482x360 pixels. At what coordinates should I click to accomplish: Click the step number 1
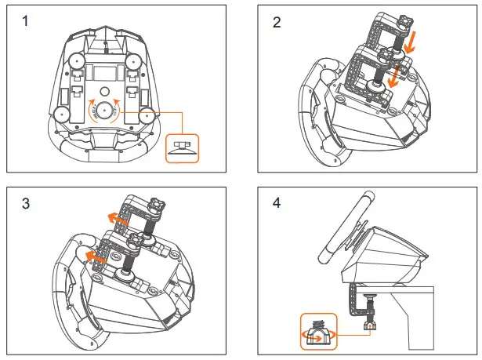[x=27, y=21]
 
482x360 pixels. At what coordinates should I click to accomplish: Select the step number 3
[x=27, y=203]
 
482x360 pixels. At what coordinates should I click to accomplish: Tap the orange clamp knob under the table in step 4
[x=368, y=322]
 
